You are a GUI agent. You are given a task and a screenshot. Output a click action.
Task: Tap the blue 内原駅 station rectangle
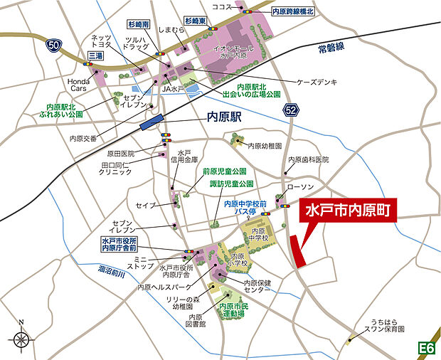coord(151,122)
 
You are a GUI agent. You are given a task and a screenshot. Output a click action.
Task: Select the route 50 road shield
coord(53,45)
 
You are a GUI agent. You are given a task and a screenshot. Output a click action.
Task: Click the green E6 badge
coord(426,348)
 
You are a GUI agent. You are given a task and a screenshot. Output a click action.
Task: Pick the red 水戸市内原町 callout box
coord(349,211)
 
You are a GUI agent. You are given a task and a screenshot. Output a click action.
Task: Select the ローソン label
coord(299,187)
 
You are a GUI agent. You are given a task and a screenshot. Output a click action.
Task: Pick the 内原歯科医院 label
coord(308,159)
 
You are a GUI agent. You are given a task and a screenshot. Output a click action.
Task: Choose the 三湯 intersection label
coord(94,55)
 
